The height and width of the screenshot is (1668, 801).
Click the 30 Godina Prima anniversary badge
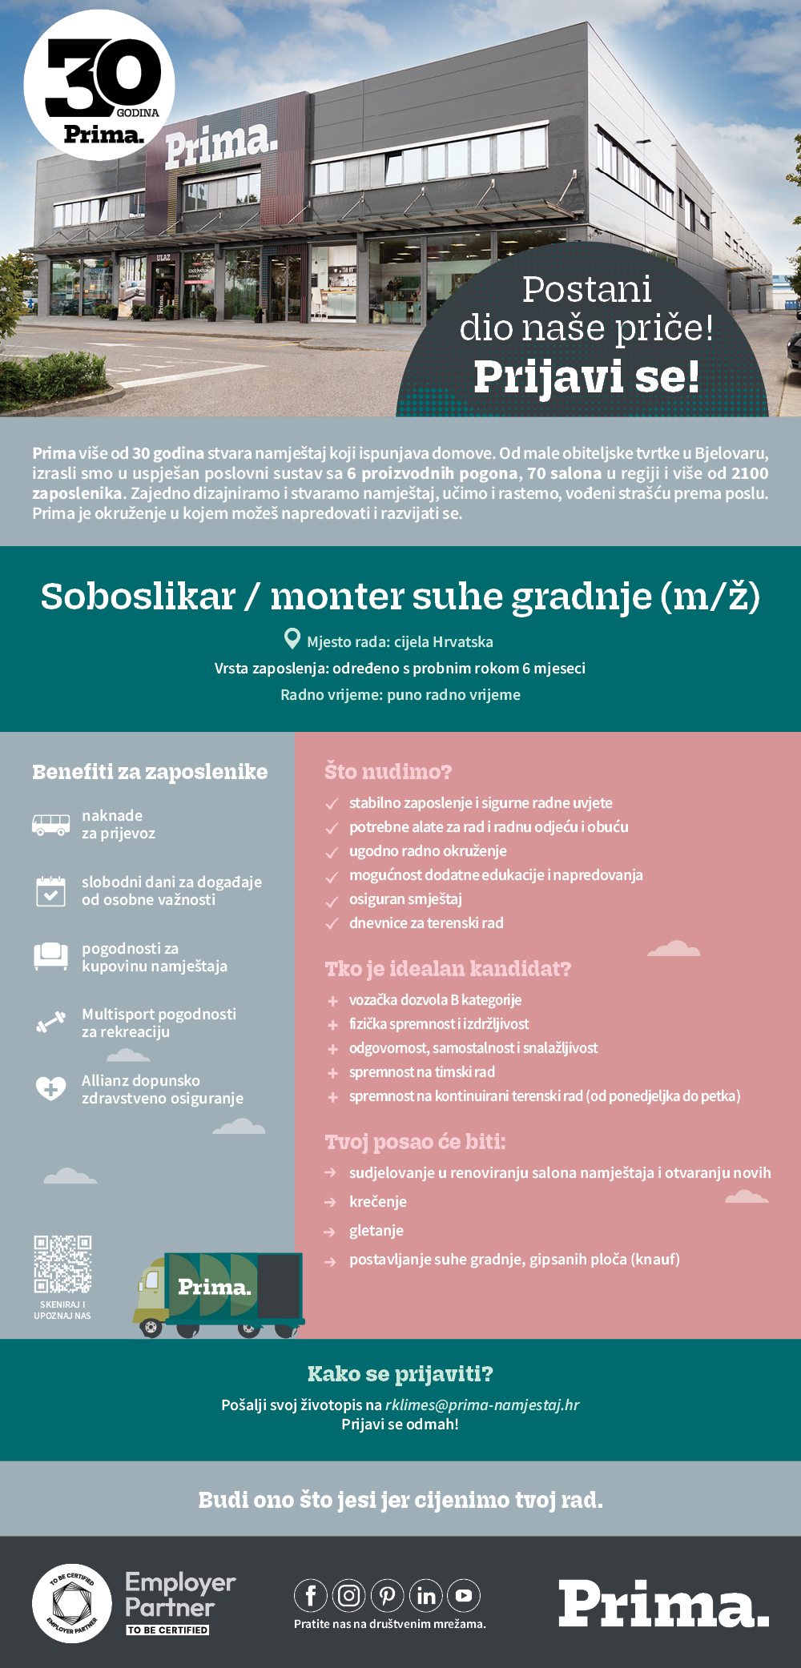click(x=99, y=85)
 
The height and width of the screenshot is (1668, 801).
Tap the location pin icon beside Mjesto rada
click(x=292, y=639)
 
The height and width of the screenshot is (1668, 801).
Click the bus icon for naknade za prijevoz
click(x=50, y=824)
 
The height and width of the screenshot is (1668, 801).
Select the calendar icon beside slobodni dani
click(x=50, y=890)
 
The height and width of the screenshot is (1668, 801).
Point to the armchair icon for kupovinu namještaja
click(x=50, y=956)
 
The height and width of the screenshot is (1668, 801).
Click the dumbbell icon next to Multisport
click(x=50, y=1023)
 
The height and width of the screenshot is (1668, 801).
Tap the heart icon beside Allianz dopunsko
click(x=50, y=1088)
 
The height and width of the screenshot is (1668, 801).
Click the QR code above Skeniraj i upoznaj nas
click(x=62, y=1264)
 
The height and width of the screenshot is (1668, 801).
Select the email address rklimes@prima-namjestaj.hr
click(x=482, y=1405)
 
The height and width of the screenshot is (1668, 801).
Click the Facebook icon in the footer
click(x=311, y=1596)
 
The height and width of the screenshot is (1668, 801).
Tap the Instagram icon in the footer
click(x=349, y=1596)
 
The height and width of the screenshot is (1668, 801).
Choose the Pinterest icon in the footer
click(x=388, y=1596)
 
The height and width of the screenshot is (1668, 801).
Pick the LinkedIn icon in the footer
click(x=426, y=1596)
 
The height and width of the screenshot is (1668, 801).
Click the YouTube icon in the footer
click(x=464, y=1596)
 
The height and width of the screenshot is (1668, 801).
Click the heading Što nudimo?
click(x=388, y=771)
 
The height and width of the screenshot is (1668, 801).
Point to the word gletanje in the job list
click(x=376, y=1230)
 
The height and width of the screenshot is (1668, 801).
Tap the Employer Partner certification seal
click(x=71, y=1603)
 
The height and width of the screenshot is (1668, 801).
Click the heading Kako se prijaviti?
click(x=400, y=1374)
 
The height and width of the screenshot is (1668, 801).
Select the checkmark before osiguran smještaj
click(x=332, y=900)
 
